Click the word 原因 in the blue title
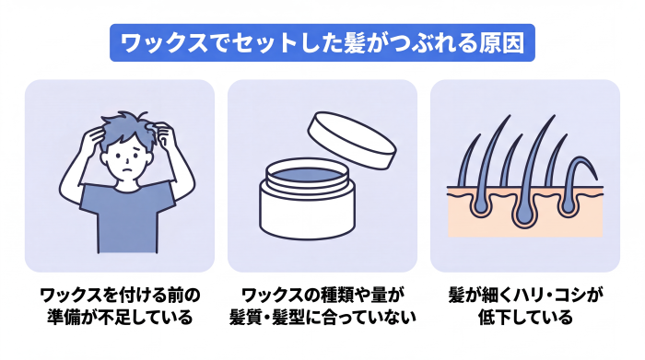tap(502, 42)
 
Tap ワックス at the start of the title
tap(165, 42)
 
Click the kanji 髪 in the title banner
tap(354, 42)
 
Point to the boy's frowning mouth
tap(128, 170)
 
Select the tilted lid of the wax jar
tap(352, 140)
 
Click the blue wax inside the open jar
tap(307, 174)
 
